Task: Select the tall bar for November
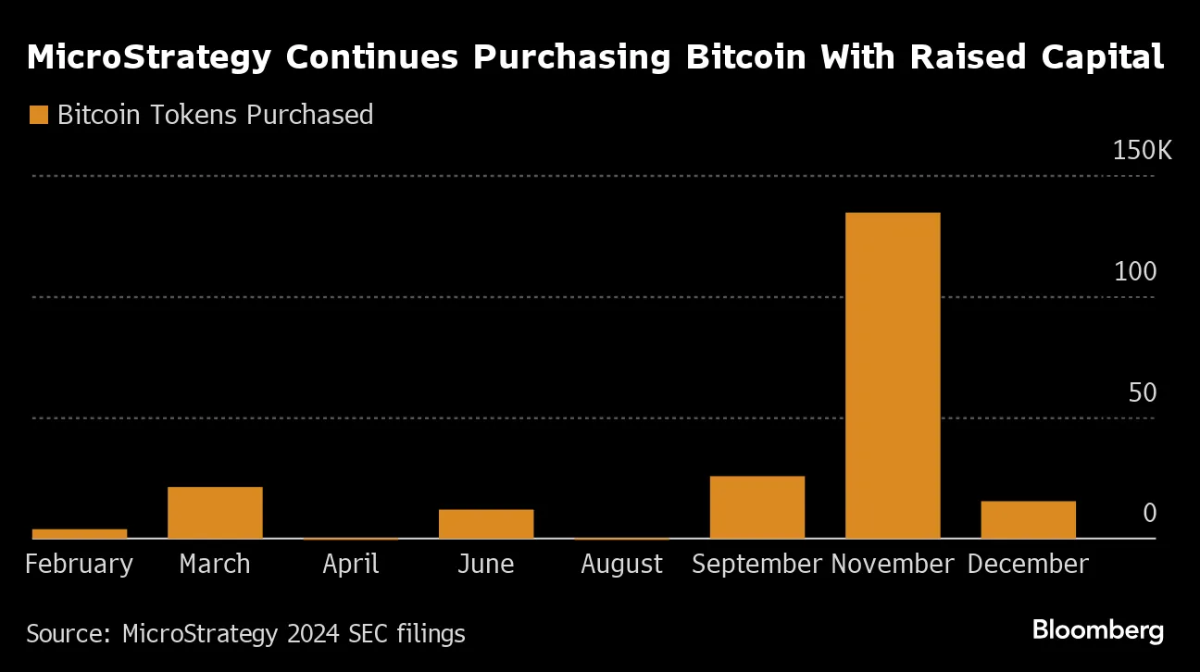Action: click(x=893, y=375)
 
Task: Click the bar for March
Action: click(x=215, y=512)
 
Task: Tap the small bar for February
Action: click(x=80, y=533)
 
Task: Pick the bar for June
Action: click(x=486, y=523)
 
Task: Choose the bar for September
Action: click(x=756, y=506)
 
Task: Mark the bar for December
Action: click(x=1028, y=519)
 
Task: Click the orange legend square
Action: click(x=39, y=115)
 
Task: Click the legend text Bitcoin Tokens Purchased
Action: click(x=215, y=115)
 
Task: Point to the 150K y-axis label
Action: click(x=1141, y=151)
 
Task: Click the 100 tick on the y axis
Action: click(x=1136, y=272)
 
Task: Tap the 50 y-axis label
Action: click(x=1143, y=392)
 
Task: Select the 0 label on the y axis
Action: click(x=1149, y=513)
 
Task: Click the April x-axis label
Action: click(x=351, y=565)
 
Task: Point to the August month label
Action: click(x=621, y=565)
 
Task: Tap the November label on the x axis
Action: click(x=892, y=565)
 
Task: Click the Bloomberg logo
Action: click(x=1098, y=631)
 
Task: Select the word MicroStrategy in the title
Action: click(x=148, y=57)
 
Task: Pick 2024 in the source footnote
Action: click(x=313, y=634)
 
